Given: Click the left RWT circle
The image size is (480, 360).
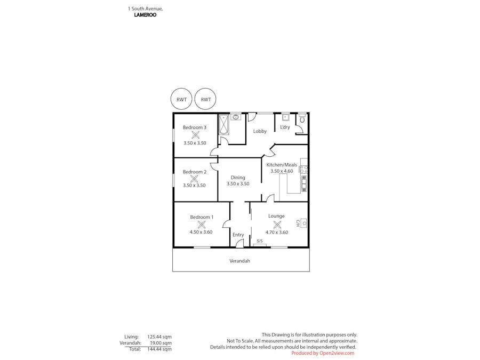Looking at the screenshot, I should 181,99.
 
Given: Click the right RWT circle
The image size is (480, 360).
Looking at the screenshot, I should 206,99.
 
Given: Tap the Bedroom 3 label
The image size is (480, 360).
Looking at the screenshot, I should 194,127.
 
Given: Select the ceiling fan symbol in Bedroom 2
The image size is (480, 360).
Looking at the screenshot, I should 194,179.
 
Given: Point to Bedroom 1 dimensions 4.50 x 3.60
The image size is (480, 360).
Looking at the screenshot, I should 201,232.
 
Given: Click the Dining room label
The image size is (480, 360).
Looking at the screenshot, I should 238,178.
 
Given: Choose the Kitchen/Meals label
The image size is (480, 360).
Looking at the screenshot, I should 282,165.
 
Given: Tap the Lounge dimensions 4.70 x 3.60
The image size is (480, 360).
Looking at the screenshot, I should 277,232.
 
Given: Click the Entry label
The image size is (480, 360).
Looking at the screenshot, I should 238,235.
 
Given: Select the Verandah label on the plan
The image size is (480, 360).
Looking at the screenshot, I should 239,261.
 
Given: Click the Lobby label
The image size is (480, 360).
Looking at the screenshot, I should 260,131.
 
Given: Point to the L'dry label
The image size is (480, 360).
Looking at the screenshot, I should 285,127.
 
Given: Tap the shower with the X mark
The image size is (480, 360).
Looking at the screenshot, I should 223,125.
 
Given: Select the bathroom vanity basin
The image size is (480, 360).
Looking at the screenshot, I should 236,117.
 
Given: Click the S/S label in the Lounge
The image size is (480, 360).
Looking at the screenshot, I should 260,241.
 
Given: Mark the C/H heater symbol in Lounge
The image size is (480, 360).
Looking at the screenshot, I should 303,223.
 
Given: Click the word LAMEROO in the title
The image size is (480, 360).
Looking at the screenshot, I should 145,15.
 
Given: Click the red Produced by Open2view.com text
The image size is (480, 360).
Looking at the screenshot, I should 323,353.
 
